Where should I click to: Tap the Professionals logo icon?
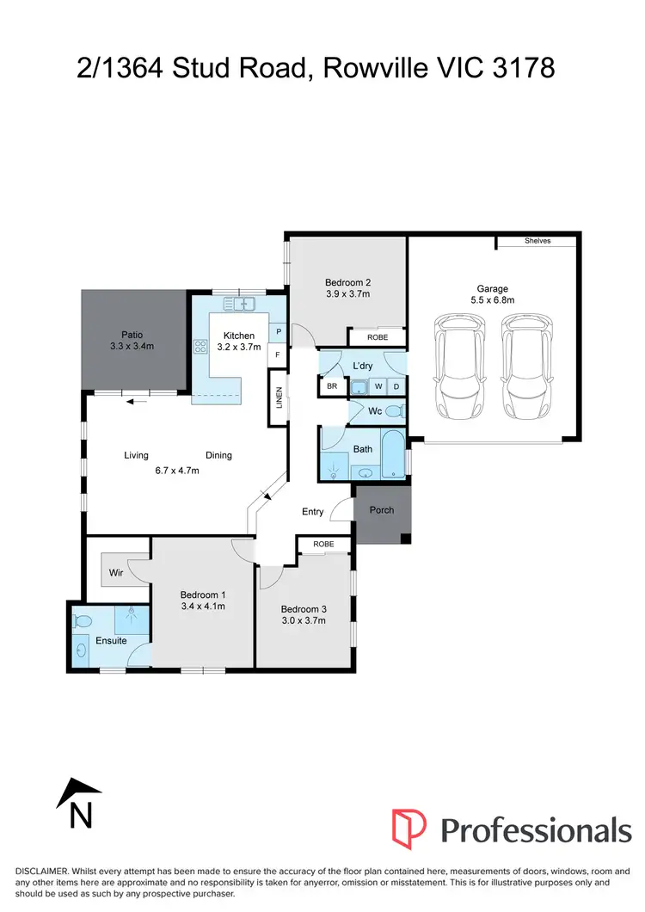point(408,829)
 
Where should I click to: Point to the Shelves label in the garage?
point(537,241)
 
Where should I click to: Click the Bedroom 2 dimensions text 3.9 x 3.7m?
point(347,294)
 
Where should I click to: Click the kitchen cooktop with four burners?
point(201,348)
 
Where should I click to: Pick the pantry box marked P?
point(279,332)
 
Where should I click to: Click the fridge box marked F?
point(279,354)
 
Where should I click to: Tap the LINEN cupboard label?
point(279,397)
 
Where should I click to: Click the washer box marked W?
point(378,387)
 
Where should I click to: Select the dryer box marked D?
point(396,387)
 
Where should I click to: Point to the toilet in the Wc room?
point(393,412)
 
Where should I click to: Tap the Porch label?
point(381,510)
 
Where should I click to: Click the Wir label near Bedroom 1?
point(115,572)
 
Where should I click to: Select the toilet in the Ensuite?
point(83,620)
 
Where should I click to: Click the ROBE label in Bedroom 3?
point(323,545)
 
